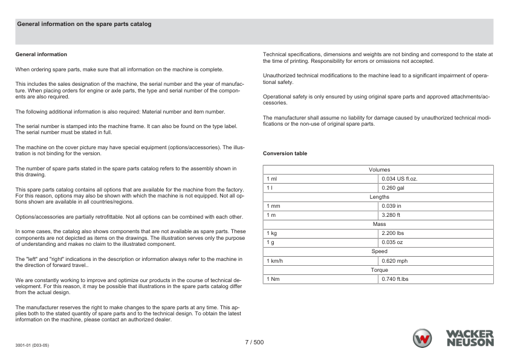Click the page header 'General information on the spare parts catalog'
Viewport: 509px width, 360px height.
84,24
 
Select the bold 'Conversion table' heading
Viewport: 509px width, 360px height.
285,153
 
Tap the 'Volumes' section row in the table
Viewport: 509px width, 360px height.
379,170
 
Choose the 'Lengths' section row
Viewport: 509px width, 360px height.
379,197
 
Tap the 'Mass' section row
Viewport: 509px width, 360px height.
379,224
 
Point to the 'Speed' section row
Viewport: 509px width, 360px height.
379,251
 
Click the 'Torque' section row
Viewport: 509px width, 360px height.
379,270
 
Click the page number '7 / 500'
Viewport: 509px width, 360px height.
254,342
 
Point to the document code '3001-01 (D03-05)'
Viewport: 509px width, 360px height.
32,346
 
